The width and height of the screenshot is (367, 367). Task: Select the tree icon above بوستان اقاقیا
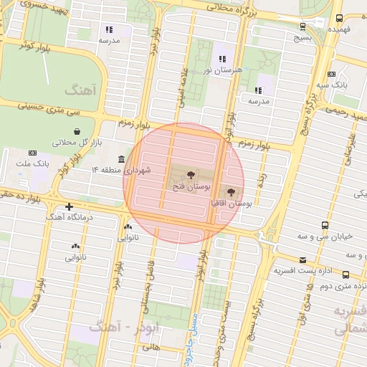click(230, 192)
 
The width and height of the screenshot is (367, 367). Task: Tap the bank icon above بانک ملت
click(32, 153)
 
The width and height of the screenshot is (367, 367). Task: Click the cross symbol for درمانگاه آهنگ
click(69, 208)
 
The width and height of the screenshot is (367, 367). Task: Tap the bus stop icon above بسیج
click(302, 27)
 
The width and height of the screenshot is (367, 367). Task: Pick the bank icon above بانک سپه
click(330, 74)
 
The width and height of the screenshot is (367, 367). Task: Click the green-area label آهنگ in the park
click(75, 90)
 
